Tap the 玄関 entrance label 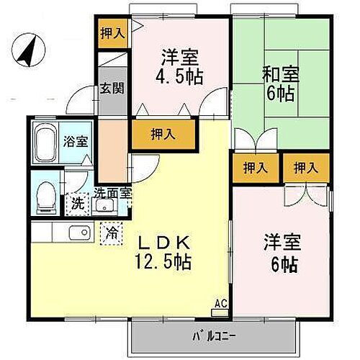tap(112, 89)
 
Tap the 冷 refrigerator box tap(112, 233)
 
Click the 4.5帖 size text tap(179, 74)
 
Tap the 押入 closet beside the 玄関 tap(112, 32)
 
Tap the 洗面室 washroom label tap(112, 192)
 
